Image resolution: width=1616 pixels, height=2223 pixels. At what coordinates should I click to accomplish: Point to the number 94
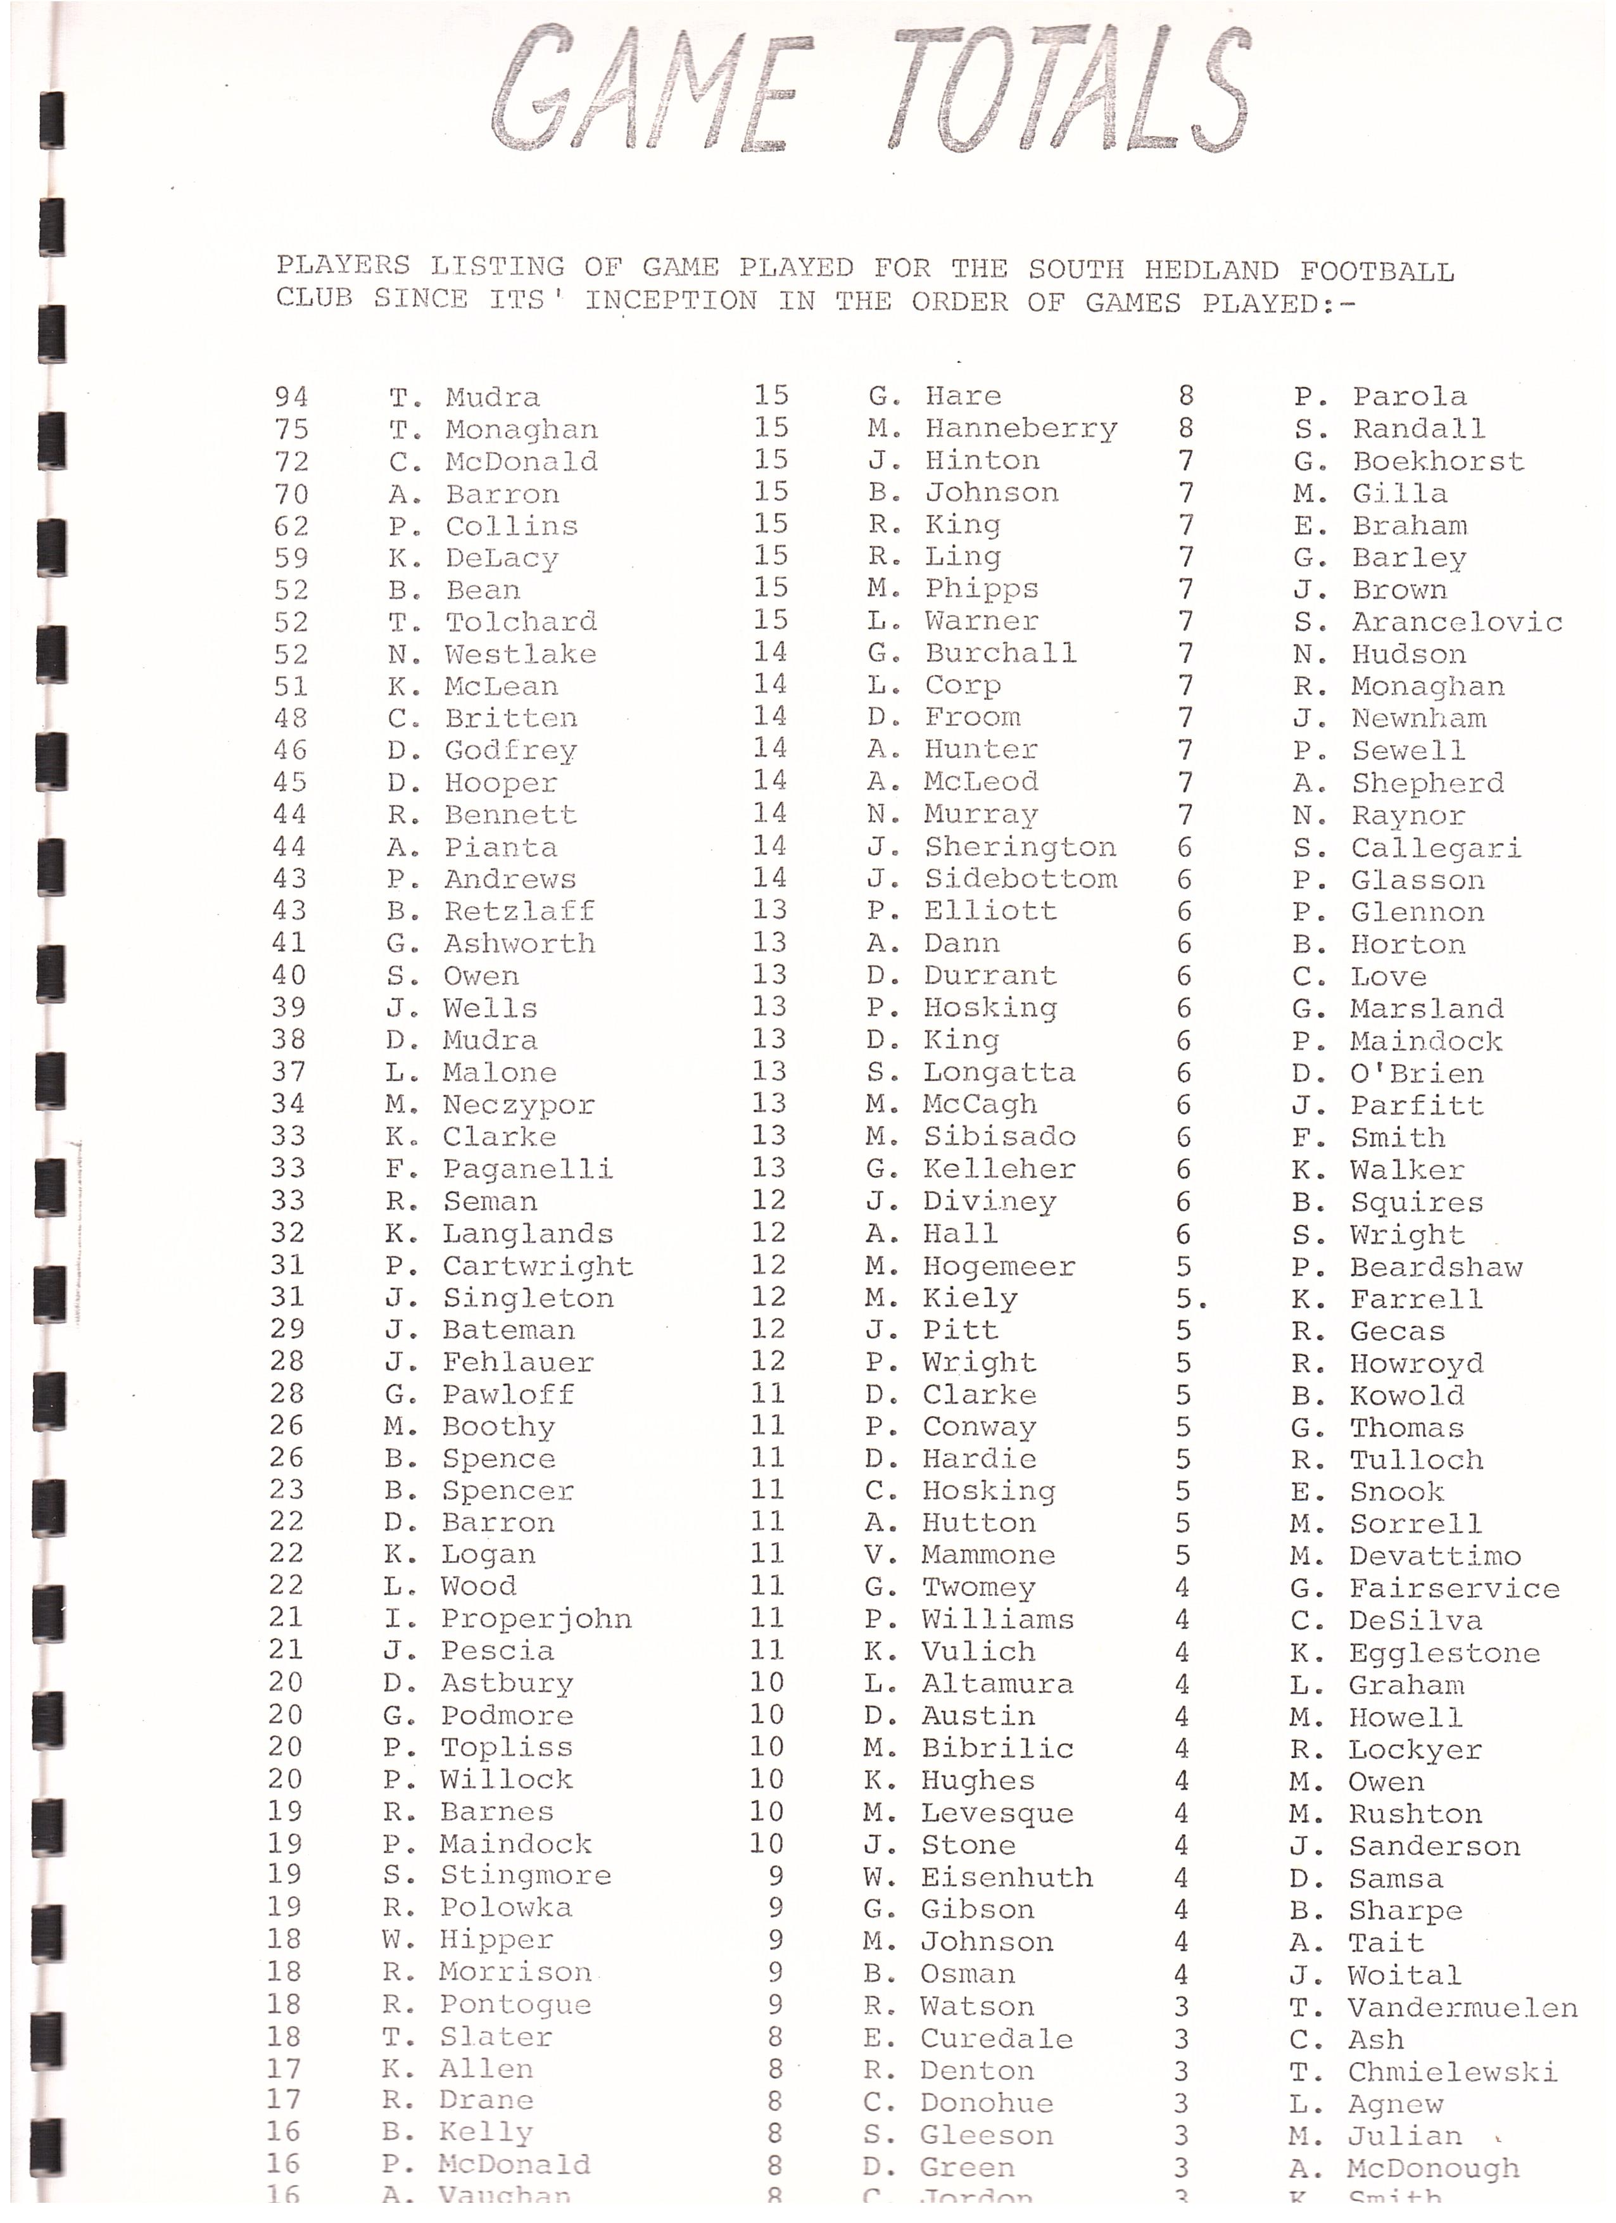click(291, 397)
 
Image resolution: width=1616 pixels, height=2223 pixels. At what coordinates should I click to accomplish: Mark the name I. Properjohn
click(508, 1618)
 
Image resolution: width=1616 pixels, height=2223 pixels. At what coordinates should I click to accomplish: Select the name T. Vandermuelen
click(1434, 2008)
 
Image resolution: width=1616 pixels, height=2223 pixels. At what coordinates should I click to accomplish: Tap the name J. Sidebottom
click(992, 879)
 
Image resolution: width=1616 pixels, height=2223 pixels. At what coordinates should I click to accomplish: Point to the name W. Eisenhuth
click(978, 1877)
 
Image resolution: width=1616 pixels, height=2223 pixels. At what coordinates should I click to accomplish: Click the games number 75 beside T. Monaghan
click(291, 429)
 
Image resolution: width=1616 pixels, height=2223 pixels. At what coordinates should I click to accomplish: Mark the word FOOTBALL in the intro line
click(1377, 272)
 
